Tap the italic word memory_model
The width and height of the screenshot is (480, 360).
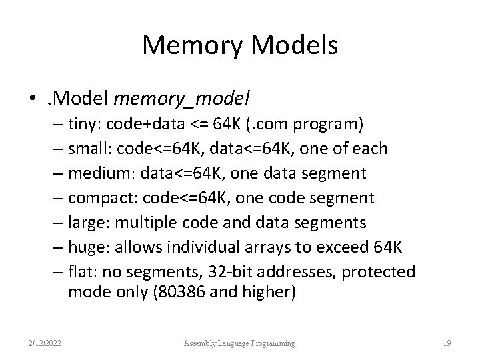(x=182, y=99)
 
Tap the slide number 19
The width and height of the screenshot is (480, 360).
(x=447, y=343)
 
